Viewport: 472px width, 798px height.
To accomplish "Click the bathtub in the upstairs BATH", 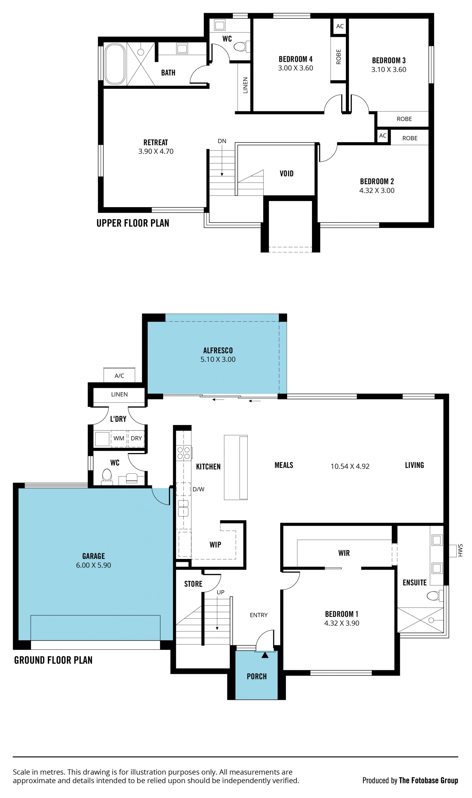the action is point(115,64).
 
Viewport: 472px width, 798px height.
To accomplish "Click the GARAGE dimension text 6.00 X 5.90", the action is point(93,565).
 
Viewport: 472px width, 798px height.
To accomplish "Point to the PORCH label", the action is point(257,676).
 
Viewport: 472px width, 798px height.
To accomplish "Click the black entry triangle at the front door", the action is point(265,655).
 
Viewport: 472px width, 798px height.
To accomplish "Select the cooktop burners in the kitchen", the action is point(184,453).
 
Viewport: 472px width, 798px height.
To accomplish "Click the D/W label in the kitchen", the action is point(198,489).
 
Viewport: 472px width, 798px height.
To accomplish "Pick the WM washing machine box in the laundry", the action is point(119,438).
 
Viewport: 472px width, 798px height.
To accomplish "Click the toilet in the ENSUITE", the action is point(435,595).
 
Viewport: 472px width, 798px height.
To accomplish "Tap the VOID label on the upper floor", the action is point(287,173).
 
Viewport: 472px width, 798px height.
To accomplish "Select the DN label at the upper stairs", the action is point(222,141).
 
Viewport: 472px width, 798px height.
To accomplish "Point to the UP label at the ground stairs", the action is point(221,592).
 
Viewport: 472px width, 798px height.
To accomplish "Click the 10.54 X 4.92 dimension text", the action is point(350,466).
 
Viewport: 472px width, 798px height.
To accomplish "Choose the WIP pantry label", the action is point(215,544).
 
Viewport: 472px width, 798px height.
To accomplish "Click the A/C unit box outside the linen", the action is point(119,375).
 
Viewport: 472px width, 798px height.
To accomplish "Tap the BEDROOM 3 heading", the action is point(389,61).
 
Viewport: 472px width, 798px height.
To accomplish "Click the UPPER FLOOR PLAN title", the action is point(133,223).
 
